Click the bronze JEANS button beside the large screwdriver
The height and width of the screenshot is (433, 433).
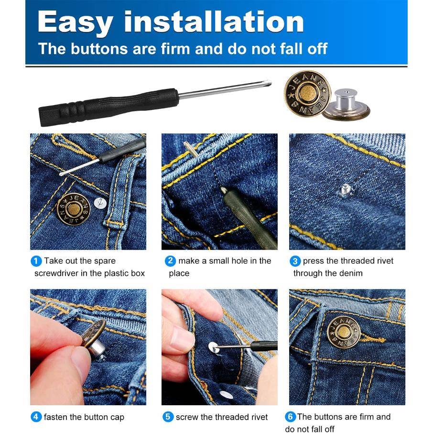click(307, 93)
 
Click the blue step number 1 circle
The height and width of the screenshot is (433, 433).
click(36, 261)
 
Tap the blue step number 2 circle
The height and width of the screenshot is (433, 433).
click(170, 261)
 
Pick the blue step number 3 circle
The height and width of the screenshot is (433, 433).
click(295, 261)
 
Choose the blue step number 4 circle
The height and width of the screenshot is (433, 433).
click(36, 417)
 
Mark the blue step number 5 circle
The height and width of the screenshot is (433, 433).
click(168, 417)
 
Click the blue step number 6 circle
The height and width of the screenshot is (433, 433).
click(290, 417)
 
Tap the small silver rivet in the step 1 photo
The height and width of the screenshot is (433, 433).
click(99, 203)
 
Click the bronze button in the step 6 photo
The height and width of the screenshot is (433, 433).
click(343, 332)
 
